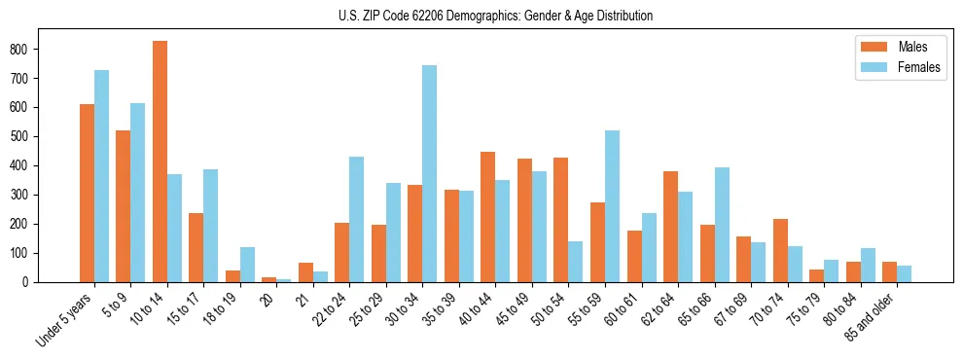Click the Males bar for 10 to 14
point(160,162)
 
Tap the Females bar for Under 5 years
point(101,176)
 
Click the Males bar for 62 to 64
point(671,227)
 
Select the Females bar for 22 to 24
point(357,220)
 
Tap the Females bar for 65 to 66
point(722,225)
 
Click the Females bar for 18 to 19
point(247,265)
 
